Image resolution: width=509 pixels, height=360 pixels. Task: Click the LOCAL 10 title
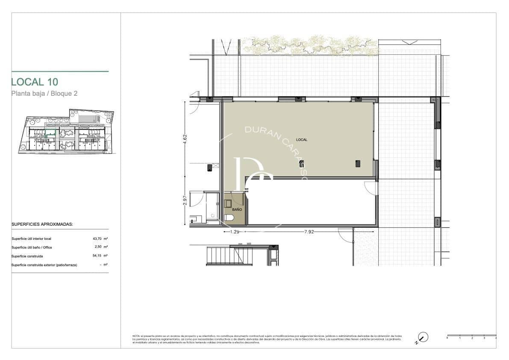tap(34, 82)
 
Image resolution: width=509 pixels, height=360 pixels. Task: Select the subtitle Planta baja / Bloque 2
tap(44, 93)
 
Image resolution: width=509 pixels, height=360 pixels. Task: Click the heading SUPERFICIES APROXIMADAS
tap(42, 224)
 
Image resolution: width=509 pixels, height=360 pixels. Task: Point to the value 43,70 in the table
tap(98, 239)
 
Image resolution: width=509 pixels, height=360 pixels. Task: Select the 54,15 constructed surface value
tap(98, 256)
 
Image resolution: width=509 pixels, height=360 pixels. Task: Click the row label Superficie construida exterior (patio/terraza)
tap(44, 265)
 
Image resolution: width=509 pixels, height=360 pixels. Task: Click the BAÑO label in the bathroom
tap(237, 210)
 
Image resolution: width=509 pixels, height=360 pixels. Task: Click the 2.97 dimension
tap(185, 201)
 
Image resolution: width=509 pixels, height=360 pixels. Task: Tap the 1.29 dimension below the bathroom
tap(234, 232)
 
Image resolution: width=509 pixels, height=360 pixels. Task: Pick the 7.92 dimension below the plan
tap(309, 232)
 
